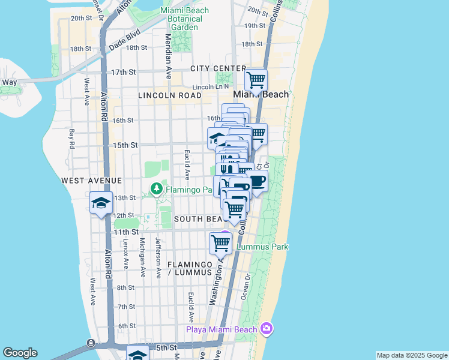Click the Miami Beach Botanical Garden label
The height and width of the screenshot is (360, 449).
185,19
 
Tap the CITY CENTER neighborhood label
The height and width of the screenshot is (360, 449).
218,68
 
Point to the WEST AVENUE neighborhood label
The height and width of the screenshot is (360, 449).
91,181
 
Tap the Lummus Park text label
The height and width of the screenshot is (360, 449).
263,247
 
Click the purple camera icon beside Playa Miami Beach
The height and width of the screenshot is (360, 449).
267,328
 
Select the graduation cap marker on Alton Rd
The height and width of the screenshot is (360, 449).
101,203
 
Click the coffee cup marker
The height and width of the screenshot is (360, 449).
257,182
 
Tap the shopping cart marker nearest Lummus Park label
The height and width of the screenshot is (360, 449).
220,244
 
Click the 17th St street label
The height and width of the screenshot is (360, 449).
124,72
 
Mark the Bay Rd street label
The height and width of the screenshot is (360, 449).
71,139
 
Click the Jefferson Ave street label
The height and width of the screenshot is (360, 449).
158,257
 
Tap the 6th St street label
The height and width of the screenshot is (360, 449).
127,326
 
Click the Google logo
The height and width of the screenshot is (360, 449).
20,353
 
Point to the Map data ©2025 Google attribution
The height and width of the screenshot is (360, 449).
412,355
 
